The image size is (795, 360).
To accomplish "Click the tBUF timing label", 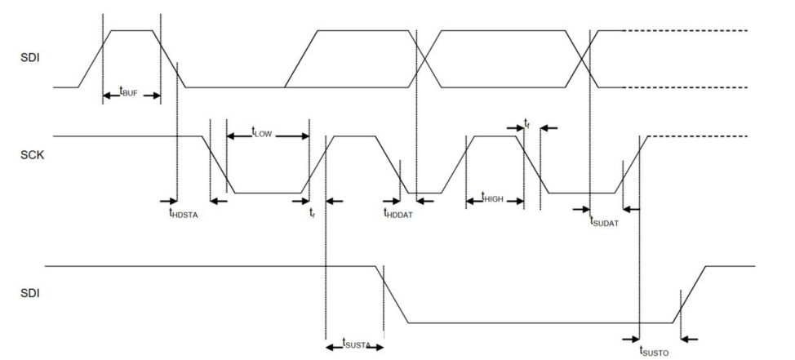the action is (128, 91).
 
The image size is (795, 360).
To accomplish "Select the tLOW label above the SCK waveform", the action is (262, 131).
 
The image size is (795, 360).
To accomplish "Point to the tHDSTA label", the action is (183, 213).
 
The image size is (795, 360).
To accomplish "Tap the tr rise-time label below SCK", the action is (313, 213).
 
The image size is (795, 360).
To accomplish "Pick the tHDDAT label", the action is (398, 213).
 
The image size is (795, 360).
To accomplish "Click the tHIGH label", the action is (492, 198).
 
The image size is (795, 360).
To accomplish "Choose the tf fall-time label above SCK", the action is (526, 122).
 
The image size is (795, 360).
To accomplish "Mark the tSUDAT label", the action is (604, 221).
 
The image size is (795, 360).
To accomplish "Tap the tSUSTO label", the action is (654, 350).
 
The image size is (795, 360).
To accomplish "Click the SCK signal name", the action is (32, 155).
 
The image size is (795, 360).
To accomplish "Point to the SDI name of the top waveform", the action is (30, 58).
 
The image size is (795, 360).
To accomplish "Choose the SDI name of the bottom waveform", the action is (30, 294).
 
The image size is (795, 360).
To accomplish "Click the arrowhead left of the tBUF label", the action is (108, 96).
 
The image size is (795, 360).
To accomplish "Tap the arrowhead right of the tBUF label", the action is (155, 96).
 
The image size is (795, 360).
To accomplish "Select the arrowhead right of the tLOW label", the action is (304, 136).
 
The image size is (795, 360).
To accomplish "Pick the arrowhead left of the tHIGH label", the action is (471, 202).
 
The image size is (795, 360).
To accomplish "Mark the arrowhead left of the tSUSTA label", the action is (331, 347).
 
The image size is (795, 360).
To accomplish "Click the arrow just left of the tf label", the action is (515, 128).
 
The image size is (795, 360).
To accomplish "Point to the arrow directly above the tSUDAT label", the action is (581, 208).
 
